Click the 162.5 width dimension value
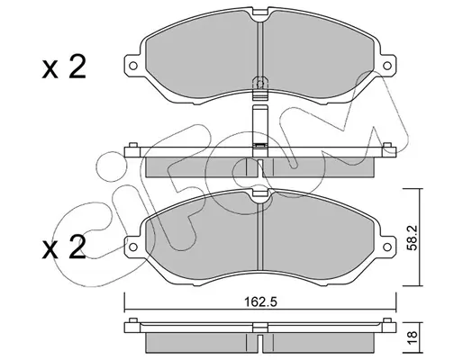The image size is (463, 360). click(x=260, y=301)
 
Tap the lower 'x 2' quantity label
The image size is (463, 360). click(x=64, y=247)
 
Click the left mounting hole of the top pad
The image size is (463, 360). click(x=133, y=66)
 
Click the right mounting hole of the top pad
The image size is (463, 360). click(x=387, y=66)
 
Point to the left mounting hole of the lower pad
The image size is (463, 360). click(x=133, y=247)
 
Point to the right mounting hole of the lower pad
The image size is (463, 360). click(x=387, y=247)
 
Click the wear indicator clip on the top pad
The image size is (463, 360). click(x=260, y=88)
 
